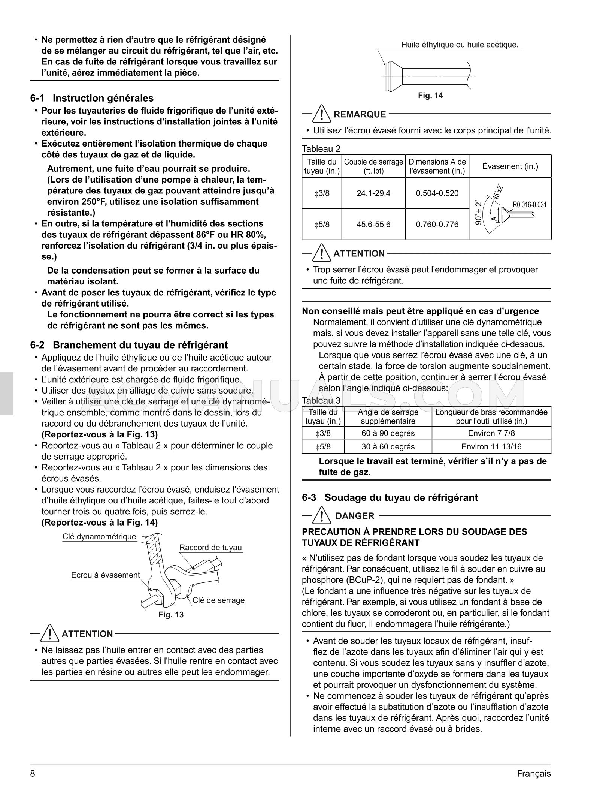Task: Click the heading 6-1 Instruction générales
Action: pos(92,98)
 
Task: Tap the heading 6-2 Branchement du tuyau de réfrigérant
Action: pos(129,344)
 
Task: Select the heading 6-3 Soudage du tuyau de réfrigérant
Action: pos(390,497)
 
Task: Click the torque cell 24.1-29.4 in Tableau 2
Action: pos(373,193)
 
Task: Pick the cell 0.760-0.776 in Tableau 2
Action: pos(437,224)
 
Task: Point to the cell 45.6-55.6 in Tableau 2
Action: pos(373,224)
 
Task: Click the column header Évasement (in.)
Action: pos(510,166)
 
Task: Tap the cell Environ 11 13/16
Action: pos(491,446)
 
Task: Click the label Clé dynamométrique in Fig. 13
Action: pos(99,537)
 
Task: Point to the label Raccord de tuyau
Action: pos(210,548)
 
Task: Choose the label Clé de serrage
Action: pos(218,600)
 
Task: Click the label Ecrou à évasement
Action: pos(105,575)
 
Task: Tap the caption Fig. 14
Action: pos(430,96)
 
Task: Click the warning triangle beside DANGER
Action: pos(321,515)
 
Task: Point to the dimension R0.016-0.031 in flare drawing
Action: pos(529,205)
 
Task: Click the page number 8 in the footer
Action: pos(33,774)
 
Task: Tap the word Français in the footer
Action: pos(534,774)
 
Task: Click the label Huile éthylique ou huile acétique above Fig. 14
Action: pos(460,45)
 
